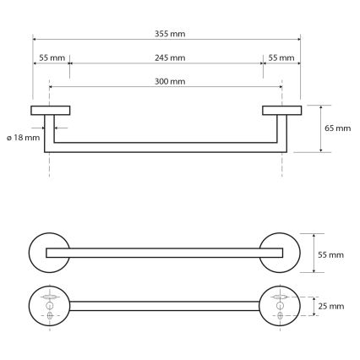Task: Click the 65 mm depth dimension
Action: tap(337, 128)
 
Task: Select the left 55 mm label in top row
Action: tap(52, 57)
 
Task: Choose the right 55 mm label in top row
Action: tap(281, 57)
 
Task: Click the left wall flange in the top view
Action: tap(51, 110)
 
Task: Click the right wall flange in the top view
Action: tap(282, 110)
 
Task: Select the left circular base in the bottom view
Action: tap(49, 307)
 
